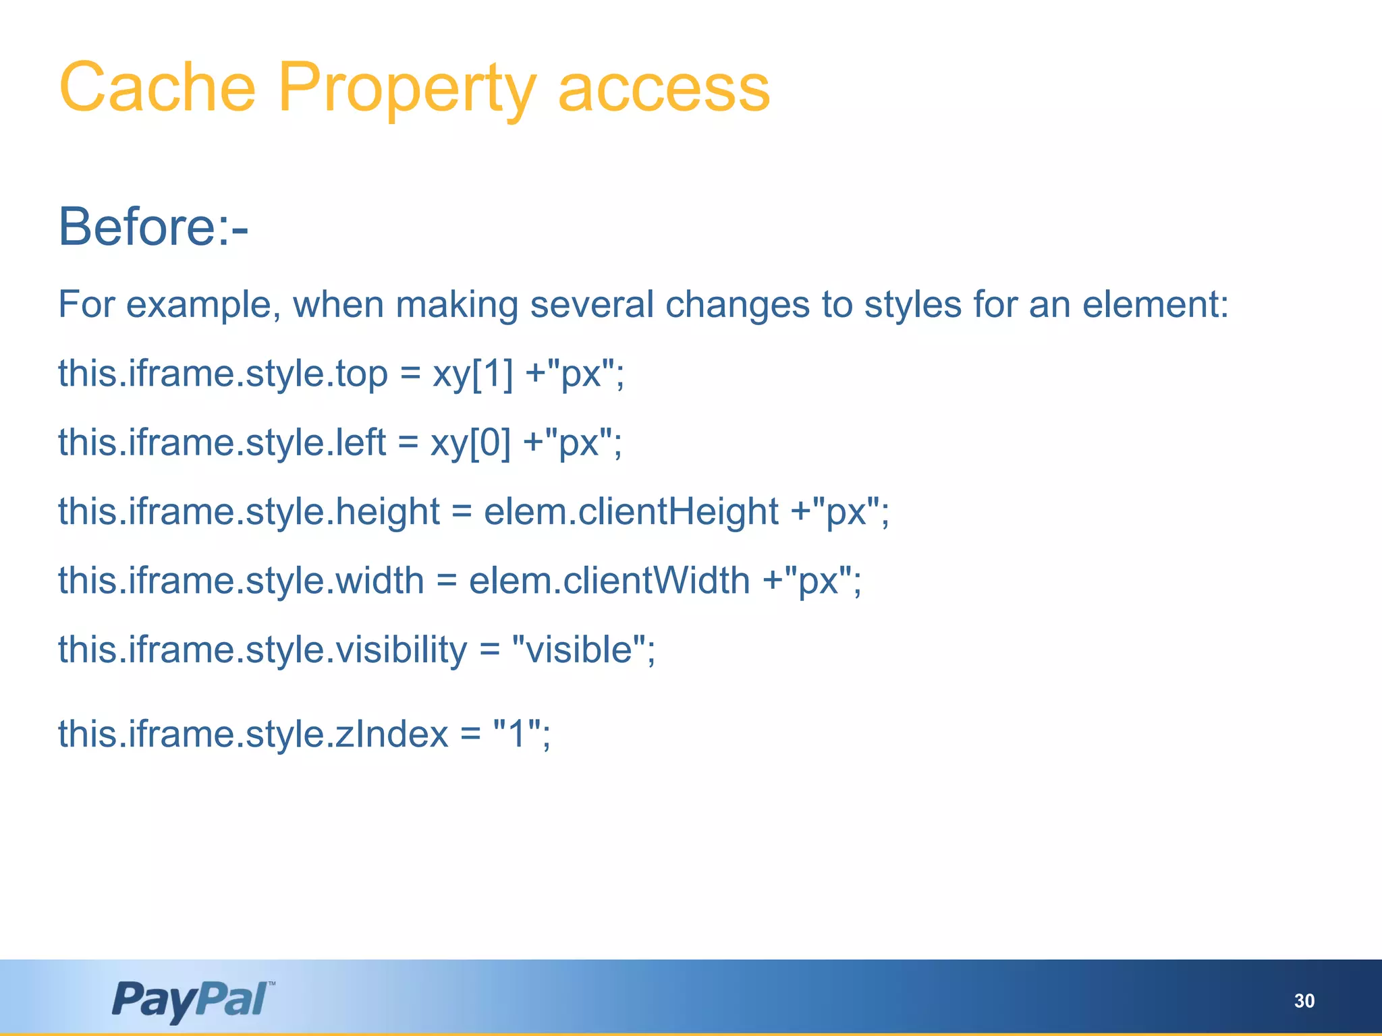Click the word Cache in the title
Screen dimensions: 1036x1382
pyautogui.click(x=157, y=88)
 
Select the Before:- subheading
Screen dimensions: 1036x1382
pyautogui.click(x=153, y=227)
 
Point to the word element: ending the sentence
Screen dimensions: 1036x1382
pyautogui.click(x=1155, y=304)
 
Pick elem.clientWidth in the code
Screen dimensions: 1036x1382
pyautogui.click(x=609, y=581)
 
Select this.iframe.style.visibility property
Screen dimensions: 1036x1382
pyautogui.click(x=262, y=650)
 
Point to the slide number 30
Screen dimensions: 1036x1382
pyautogui.click(x=1304, y=1001)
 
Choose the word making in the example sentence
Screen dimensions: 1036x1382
pyautogui.click(x=457, y=304)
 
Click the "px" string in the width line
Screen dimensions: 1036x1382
pyautogui.click(x=818, y=581)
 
